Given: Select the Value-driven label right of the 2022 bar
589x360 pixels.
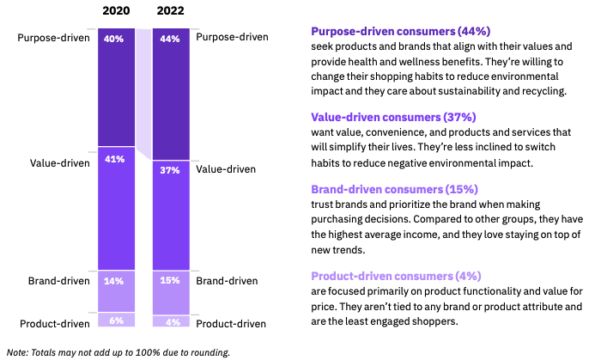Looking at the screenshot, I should pos(226,169).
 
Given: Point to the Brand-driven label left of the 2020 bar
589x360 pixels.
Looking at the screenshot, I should pos(58,280).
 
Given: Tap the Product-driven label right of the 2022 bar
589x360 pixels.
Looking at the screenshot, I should pos(231,323).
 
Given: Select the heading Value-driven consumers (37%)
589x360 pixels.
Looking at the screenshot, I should pos(393,117).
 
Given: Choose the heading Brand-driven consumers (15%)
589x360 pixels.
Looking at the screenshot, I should pos(394,189).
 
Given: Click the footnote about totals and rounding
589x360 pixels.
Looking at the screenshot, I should pos(118,351).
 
